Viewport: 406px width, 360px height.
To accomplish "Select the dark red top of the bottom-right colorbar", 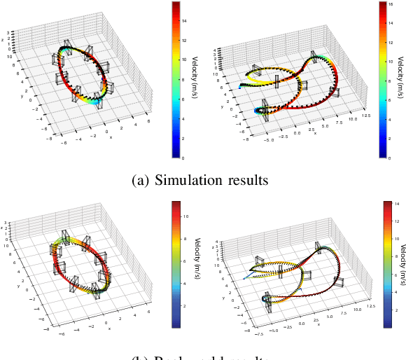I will point(390,204).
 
